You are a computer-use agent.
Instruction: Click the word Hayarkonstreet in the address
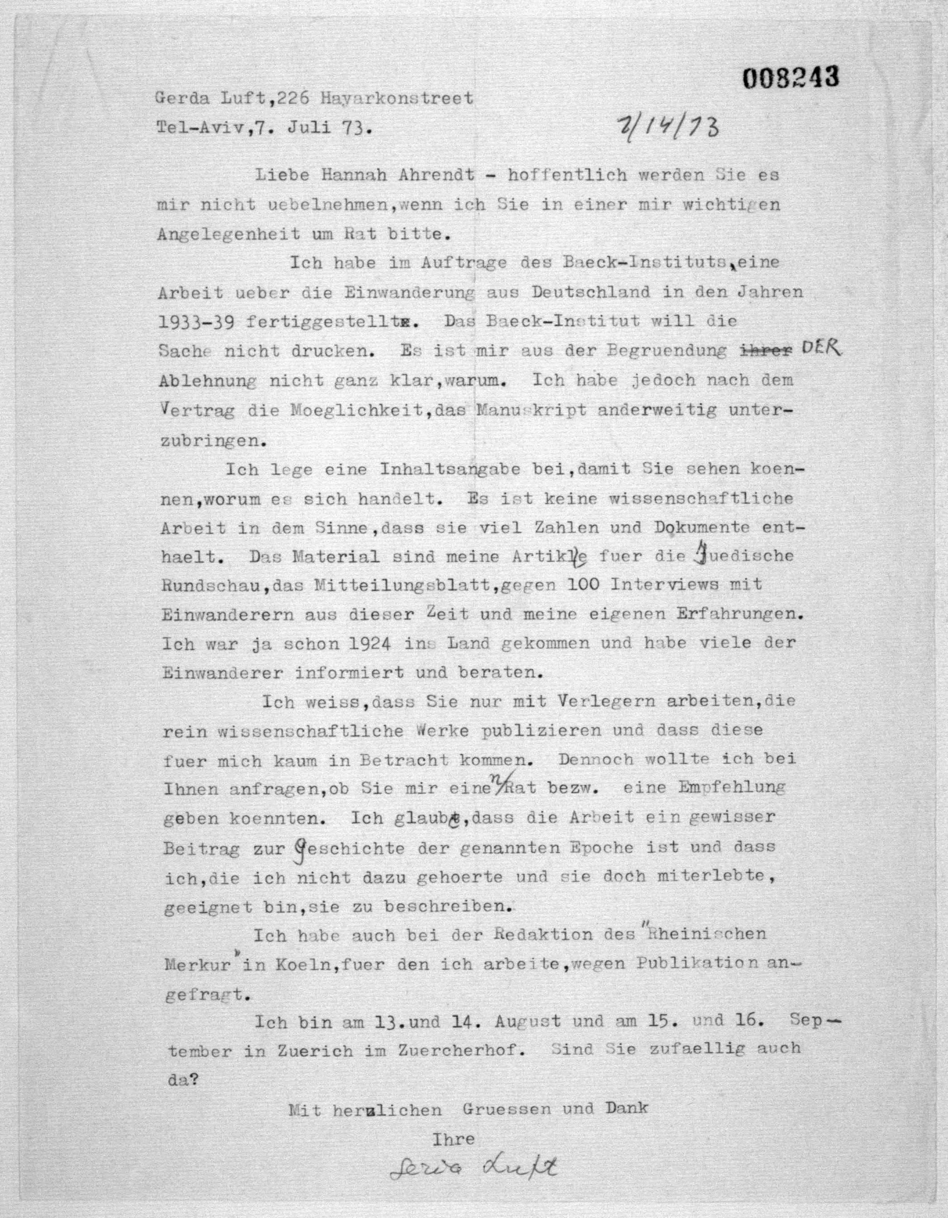tap(396, 99)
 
